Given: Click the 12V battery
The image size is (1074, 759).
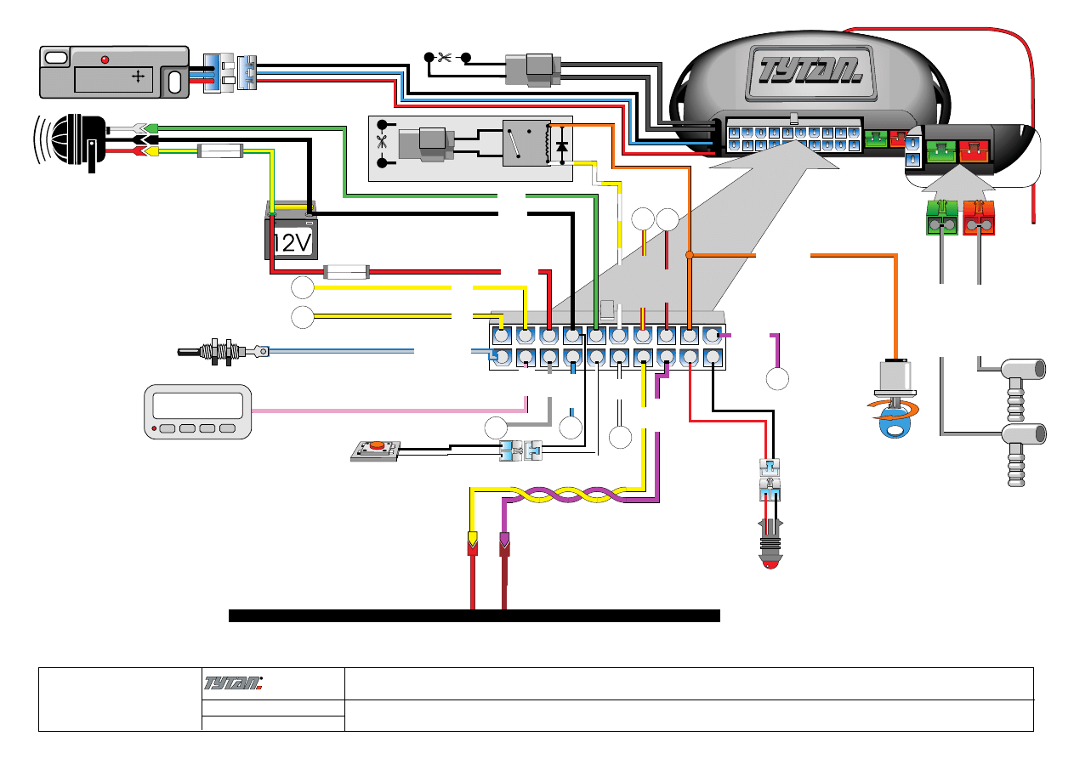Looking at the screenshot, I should coord(292,232).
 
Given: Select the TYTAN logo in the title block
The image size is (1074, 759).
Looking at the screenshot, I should coord(235,682).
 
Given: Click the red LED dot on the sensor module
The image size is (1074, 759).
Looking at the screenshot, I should coord(105,59).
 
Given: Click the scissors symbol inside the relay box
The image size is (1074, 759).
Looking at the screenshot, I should coord(381,143).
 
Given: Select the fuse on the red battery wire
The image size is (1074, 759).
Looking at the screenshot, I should coord(347,272).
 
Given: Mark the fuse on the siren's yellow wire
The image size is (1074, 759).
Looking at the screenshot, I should coord(220,152).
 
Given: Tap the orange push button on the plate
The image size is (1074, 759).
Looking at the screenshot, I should coord(375,445).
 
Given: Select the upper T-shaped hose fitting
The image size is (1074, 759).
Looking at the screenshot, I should coord(1019,371).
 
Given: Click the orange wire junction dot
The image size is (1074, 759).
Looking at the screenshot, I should coord(690,254).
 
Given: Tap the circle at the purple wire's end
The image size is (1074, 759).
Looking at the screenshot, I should coord(777,379).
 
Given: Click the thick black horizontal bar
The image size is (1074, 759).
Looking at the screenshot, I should coord(474,615).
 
